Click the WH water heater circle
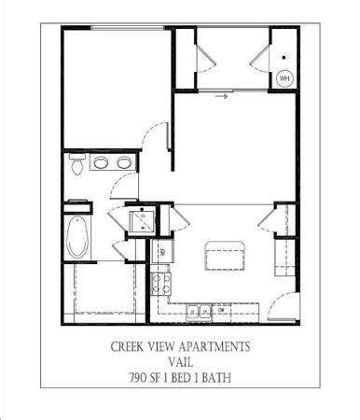pos(284,78)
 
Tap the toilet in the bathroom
pos(76,163)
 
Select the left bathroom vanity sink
pos(101,162)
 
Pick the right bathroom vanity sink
pos(124,162)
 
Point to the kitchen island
pos(225,255)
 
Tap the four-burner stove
pos(161,284)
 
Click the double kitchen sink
pos(199,312)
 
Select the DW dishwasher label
pos(221,310)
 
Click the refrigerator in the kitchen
pos(161,252)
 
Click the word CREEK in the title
pos(127,346)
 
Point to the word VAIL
pos(181,362)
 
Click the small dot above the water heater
pos(284,58)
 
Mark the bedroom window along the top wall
pos(128,28)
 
